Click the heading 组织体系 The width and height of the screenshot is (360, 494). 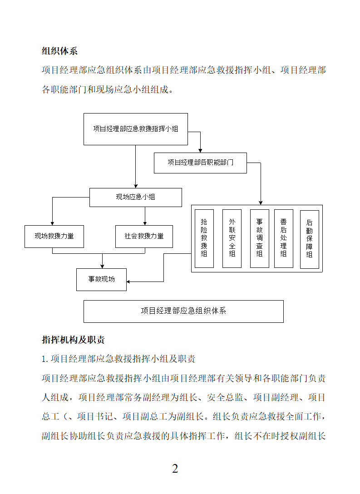(x=59, y=51)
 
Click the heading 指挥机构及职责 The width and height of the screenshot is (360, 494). (x=73, y=340)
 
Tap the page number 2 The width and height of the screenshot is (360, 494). (x=175, y=469)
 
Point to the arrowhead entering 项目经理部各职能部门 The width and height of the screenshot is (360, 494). (x=200, y=151)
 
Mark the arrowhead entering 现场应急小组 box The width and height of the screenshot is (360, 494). (x=136, y=186)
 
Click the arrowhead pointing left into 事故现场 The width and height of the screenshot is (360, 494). (x=128, y=282)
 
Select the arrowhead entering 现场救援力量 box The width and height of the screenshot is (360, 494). (x=52, y=223)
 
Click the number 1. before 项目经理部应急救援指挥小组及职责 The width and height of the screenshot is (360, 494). (x=45, y=359)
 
